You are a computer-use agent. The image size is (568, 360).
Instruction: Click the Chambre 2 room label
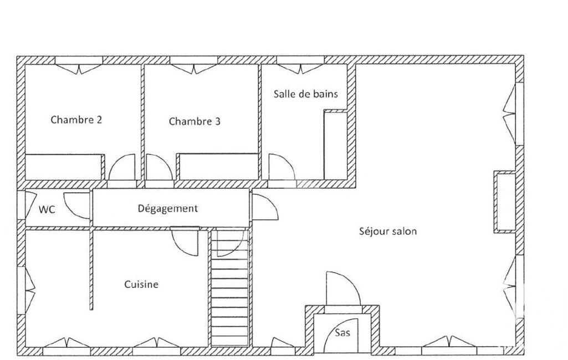(x=76, y=120)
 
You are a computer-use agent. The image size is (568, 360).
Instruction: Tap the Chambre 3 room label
(x=195, y=121)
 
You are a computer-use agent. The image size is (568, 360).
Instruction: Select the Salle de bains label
(x=306, y=94)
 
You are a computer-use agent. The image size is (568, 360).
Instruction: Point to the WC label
(x=47, y=209)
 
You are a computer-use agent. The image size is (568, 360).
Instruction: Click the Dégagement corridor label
(x=168, y=209)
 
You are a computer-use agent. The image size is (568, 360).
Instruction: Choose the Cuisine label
(x=141, y=284)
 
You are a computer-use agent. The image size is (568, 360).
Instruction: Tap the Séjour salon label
(x=388, y=231)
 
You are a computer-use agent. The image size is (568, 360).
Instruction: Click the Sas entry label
(x=342, y=332)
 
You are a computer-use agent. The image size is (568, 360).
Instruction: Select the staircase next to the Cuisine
(x=229, y=287)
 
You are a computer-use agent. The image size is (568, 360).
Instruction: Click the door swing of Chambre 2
(x=122, y=167)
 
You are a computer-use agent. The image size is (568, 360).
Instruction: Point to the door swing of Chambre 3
(x=159, y=167)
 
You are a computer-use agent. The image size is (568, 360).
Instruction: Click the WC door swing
(x=77, y=205)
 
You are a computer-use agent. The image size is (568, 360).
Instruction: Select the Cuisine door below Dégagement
(x=185, y=241)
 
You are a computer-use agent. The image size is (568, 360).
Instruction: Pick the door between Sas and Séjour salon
(x=344, y=289)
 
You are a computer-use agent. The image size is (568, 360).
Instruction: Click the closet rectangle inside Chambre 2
(x=64, y=167)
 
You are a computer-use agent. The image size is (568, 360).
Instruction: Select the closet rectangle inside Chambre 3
(x=218, y=166)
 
